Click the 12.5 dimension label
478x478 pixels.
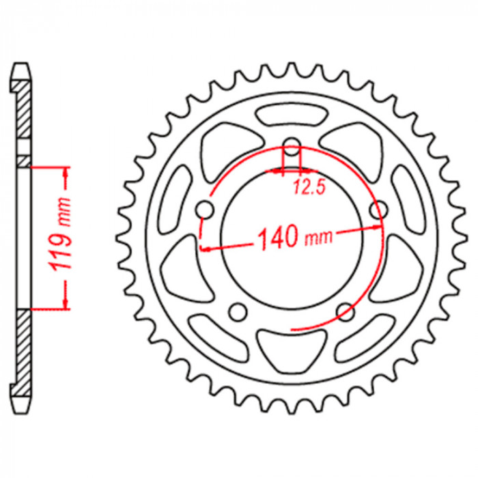309,187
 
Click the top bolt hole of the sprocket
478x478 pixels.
292,146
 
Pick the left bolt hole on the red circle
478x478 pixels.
205,210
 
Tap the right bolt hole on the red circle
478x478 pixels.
379,210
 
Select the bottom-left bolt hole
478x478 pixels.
238,312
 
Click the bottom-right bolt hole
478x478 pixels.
346,312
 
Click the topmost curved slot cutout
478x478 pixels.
292,114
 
